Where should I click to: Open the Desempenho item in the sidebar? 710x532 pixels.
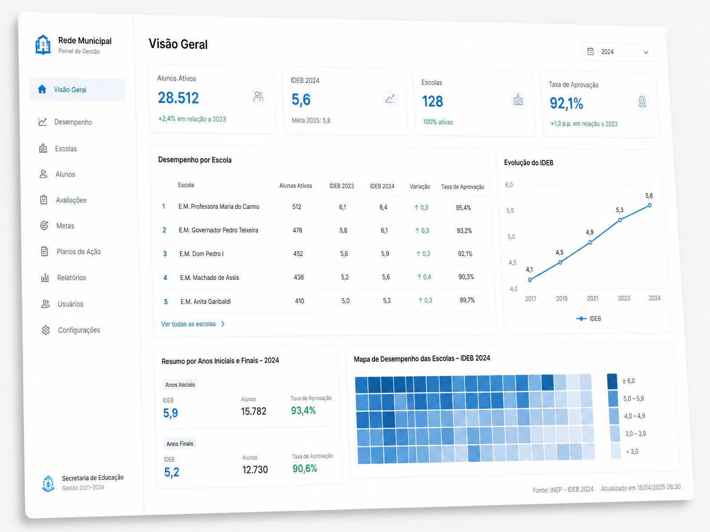pos(65,122)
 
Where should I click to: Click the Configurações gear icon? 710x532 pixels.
pos(46,330)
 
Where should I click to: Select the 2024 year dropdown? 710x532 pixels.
pos(618,52)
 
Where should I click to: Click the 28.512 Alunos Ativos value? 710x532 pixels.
pos(178,98)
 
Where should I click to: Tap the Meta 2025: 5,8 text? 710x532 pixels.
pos(311,121)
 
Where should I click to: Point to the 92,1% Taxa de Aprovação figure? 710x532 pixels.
pos(566,103)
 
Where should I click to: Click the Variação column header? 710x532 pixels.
pos(420,186)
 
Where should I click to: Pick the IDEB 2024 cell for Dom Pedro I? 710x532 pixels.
pos(385,254)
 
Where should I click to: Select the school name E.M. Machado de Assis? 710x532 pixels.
pos(209,278)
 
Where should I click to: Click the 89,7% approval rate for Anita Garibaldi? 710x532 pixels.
pos(467,300)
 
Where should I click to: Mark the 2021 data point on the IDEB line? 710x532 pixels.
pos(590,242)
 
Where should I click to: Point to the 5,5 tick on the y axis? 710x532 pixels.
pos(510,211)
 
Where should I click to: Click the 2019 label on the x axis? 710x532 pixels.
pos(561,298)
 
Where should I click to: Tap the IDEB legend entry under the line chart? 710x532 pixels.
pos(589,318)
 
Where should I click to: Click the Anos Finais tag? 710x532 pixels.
pos(180,443)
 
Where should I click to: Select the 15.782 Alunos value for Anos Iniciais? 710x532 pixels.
pos(253,411)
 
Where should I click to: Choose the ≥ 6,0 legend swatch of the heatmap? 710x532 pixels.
pos(612,381)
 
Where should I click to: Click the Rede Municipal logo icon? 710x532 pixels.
pos(43,45)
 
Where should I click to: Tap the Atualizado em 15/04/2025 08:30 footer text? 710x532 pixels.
pos(641,487)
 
